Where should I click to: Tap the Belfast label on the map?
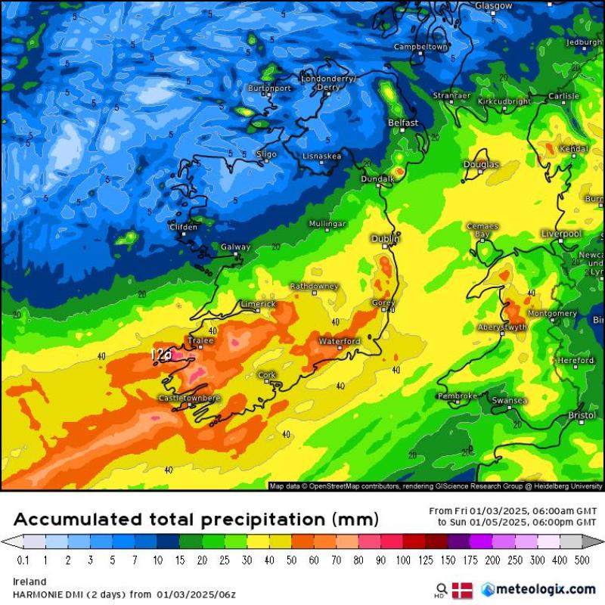(x=402, y=123)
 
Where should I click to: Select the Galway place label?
(x=235, y=247)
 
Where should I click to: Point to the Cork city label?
(x=267, y=374)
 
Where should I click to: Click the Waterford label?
(x=340, y=342)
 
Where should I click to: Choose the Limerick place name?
(x=258, y=304)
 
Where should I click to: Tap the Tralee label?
(x=200, y=341)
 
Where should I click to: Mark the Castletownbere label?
(x=189, y=398)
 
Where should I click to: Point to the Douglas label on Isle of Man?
(x=481, y=164)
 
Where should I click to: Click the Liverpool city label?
(x=560, y=234)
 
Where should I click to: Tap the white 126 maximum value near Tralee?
(x=161, y=354)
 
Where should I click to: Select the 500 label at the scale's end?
(x=582, y=560)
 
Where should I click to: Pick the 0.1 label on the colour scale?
(x=23, y=560)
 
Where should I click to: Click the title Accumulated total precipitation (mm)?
(x=196, y=520)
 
